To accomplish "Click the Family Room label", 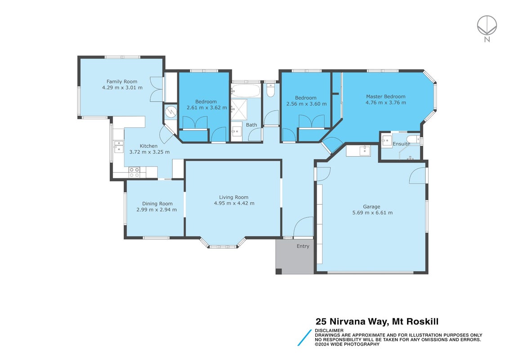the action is (x=122, y=82).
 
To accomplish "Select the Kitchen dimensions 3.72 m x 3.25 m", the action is (x=149, y=152).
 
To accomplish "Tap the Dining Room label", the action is (x=157, y=204).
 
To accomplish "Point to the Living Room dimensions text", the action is (x=234, y=203).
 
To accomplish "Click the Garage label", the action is (x=371, y=207).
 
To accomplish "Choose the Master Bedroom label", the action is (x=385, y=96).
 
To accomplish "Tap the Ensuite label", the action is (x=401, y=144).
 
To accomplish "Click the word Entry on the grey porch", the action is (x=303, y=246).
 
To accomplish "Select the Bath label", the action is (x=251, y=125).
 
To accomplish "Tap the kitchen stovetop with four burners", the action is (x=134, y=172).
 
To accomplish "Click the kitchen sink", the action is (x=118, y=147).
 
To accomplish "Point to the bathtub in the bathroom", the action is (x=246, y=90).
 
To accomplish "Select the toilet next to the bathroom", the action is (x=270, y=90).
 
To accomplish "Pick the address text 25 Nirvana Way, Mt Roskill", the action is (x=377, y=322).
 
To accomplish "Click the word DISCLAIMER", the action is (x=329, y=330).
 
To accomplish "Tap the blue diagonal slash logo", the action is (x=304, y=337).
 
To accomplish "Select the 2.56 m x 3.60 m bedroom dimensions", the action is (x=307, y=104).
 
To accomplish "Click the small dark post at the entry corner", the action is (x=279, y=271).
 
